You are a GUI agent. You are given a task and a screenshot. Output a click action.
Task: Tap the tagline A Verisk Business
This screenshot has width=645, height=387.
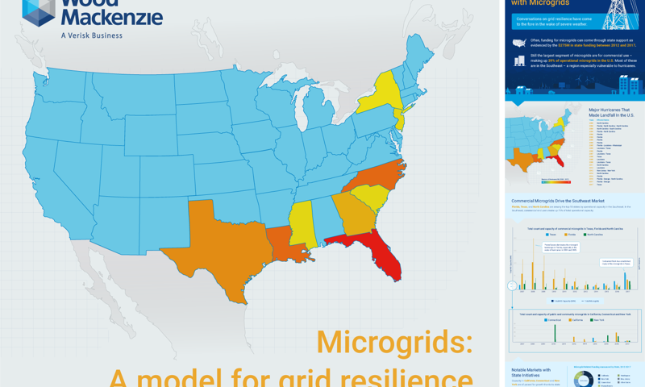click(x=91, y=35)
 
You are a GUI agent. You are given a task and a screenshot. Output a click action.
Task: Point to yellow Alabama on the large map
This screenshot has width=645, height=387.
click(x=303, y=222)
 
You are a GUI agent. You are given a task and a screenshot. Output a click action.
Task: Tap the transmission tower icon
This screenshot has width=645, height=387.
click(x=616, y=13)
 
